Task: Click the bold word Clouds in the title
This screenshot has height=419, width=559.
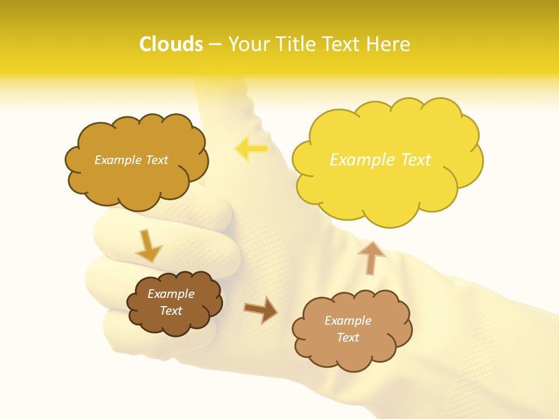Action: (171, 44)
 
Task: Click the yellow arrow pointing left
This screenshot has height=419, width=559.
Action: (252, 148)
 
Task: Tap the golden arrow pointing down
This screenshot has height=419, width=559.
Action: (148, 246)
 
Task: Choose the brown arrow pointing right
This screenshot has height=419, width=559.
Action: (260, 310)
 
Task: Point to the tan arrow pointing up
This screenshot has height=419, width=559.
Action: (371, 257)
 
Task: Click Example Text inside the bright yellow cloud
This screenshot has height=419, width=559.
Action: (380, 159)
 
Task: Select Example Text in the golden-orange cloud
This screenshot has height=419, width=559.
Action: (131, 159)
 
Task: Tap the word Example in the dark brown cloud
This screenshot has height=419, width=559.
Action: (171, 294)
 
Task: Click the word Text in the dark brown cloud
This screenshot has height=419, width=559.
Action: (171, 311)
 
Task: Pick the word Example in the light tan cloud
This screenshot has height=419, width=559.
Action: (348, 321)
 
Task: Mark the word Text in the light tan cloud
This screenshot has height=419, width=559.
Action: (348, 338)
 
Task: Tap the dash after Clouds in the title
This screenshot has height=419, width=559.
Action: (215, 44)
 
